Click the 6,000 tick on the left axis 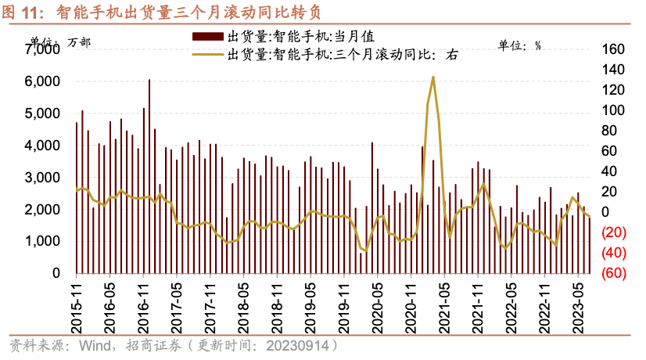[x=45, y=81]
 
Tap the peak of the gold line [x=432, y=77]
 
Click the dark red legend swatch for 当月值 [x=208, y=36]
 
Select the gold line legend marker [x=208, y=54]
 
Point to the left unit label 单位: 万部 [x=60, y=42]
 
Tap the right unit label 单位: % [x=520, y=45]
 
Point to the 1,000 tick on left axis [x=45, y=242]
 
